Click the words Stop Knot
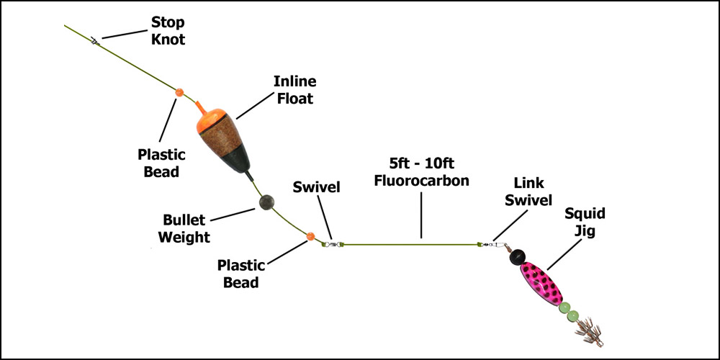167,31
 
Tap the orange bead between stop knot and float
179,92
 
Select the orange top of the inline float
207,117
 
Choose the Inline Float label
294,90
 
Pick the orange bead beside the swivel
311,236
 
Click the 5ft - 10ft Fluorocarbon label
421,173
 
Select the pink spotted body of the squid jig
541,284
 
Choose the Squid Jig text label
585,222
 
